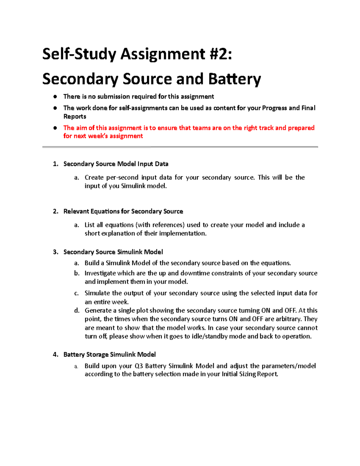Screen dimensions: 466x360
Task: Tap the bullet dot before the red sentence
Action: (55, 128)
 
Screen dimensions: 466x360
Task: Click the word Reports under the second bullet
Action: (75, 116)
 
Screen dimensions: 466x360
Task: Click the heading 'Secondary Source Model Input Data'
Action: (116, 164)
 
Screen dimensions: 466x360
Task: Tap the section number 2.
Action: (55, 211)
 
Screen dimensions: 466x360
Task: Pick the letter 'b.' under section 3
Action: (77, 273)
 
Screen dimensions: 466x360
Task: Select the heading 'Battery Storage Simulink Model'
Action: (109, 355)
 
